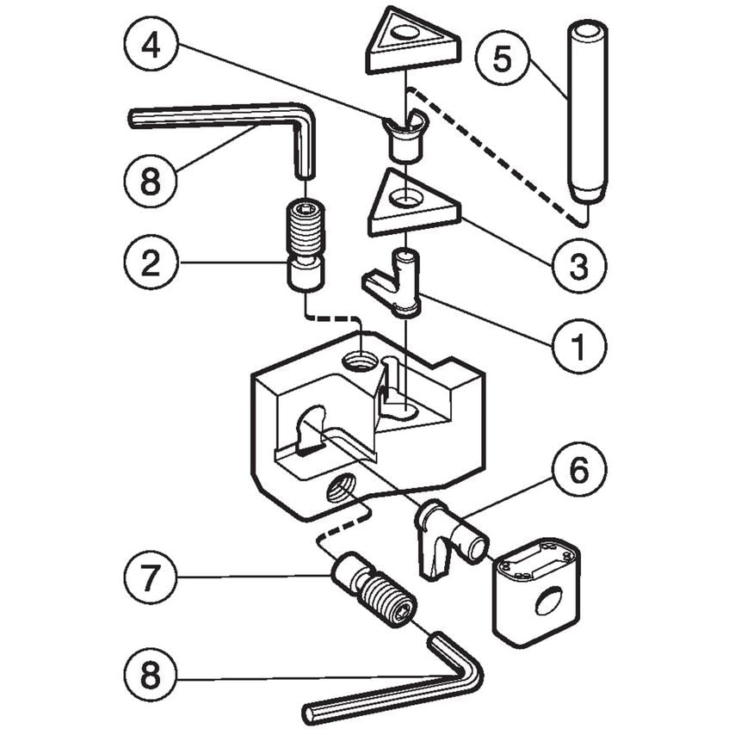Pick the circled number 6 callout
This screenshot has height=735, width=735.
pos(577,472)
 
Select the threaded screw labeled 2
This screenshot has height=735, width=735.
pos(306,245)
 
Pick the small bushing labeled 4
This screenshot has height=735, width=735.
pos(403,137)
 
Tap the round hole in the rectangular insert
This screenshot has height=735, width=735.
pos(547,600)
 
